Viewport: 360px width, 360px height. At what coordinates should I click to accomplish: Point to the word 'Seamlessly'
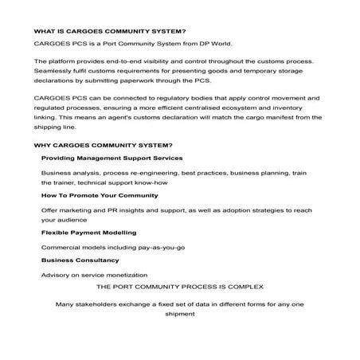pyautogui.click(x=54, y=72)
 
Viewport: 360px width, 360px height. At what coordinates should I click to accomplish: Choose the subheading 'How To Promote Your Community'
pyautogui.click(x=100, y=195)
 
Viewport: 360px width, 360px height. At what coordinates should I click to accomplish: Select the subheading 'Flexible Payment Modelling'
pyautogui.click(x=88, y=232)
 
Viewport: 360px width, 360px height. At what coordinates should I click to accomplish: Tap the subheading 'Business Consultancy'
pyautogui.click(x=80, y=260)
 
